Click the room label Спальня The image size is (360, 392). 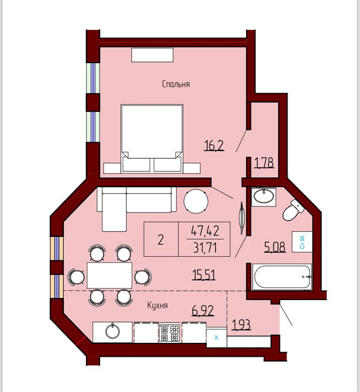click(x=176, y=84)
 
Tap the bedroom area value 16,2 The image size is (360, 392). click(x=214, y=145)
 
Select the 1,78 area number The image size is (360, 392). click(x=264, y=163)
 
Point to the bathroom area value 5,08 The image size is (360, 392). click(x=275, y=247)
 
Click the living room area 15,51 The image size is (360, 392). click(x=203, y=275)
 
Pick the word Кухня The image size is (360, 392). click(x=157, y=305)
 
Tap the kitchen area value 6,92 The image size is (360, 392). click(x=203, y=311)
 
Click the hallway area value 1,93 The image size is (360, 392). click(x=241, y=325)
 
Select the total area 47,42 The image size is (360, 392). click(x=205, y=231)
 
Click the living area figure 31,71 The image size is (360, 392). click(x=205, y=248)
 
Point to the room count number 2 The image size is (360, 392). click(x=161, y=240)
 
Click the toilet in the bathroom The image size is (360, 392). click(x=293, y=211)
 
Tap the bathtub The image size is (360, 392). click(x=282, y=277)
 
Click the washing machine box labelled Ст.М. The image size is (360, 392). click(x=302, y=242)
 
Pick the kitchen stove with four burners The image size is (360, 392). click(x=169, y=333)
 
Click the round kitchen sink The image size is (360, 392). click(x=112, y=331)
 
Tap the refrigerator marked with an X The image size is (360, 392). click(x=216, y=338)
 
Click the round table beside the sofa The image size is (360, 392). click(x=196, y=201)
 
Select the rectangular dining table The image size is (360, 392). click(x=109, y=275)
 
